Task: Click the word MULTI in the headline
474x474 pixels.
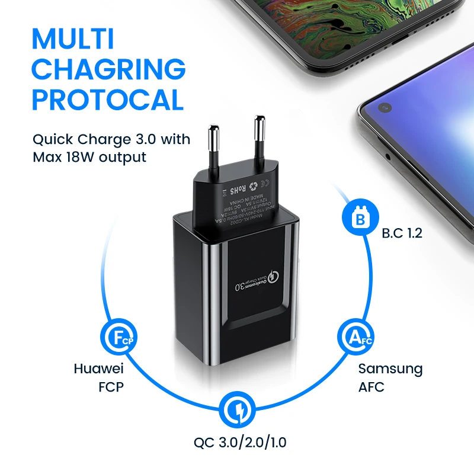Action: (73, 39)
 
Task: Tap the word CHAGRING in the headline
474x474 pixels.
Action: (108, 69)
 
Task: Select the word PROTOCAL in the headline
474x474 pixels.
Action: (107, 100)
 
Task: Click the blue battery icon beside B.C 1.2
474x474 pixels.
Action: (358, 219)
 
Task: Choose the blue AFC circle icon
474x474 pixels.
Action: (355, 338)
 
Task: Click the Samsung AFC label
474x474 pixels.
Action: (390, 377)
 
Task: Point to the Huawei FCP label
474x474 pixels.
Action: (98, 377)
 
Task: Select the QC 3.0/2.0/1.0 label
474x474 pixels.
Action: (241, 442)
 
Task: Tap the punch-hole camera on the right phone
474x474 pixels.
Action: (385, 108)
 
